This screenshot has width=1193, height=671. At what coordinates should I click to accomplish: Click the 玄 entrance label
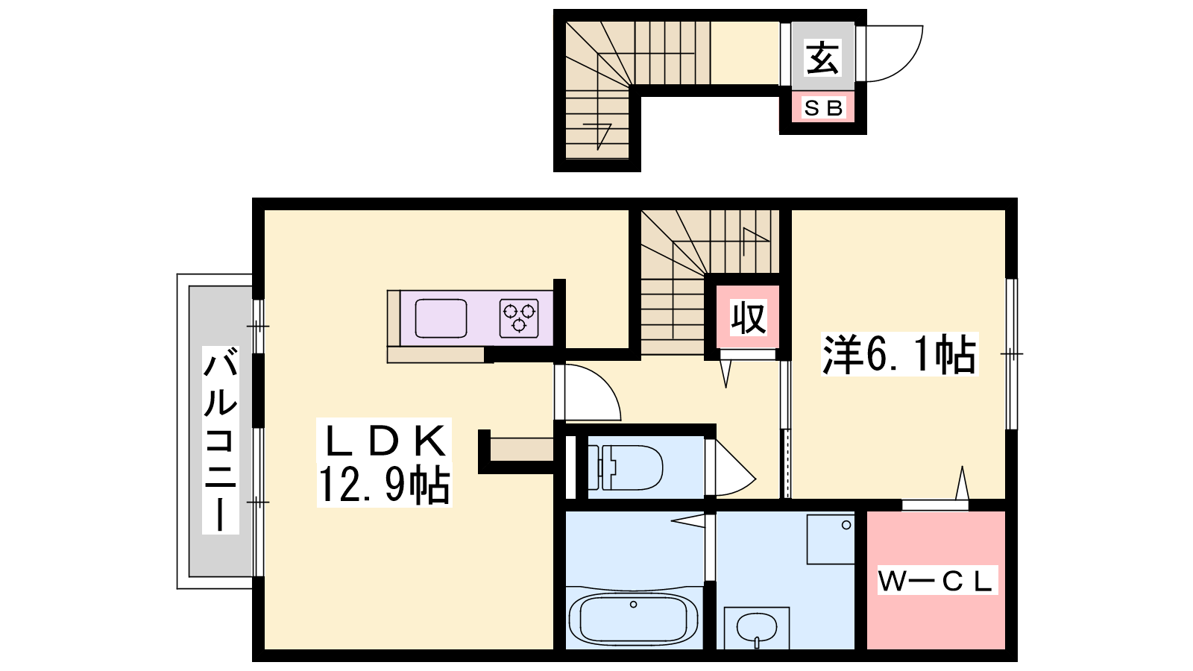click(x=823, y=57)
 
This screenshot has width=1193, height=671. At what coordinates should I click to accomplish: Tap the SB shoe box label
click(x=823, y=108)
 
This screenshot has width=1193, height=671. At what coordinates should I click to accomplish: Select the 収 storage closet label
click(x=749, y=318)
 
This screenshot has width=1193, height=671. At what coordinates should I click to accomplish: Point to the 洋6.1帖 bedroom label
click(x=899, y=354)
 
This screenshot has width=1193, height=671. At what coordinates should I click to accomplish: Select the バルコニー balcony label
click(x=220, y=440)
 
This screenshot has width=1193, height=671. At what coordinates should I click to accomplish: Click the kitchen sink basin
click(x=441, y=318)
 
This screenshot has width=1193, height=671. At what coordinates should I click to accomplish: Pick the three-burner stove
click(x=519, y=318)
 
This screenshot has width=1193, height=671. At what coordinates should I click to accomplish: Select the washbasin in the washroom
click(x=756, y=629)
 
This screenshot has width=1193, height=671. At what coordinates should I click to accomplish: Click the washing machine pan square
click(x=831, y=539)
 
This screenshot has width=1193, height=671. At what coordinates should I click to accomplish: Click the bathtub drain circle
click(x=633, y=605)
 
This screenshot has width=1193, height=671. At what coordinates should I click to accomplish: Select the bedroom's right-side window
click(x=1011, y=354)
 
